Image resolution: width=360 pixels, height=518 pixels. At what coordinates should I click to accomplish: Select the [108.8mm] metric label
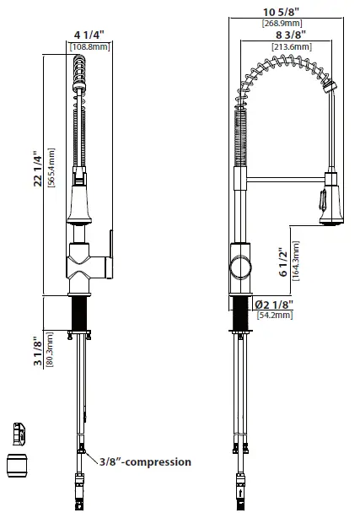click(88, 48)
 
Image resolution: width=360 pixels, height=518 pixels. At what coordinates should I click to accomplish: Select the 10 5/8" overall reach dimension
click(282, 11)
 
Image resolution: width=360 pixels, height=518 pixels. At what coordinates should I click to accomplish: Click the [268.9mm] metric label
click(282, 23)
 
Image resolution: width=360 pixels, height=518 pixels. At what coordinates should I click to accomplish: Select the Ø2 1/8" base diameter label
click(271, 304)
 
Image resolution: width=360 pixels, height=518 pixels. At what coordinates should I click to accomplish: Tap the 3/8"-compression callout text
click(146, 461)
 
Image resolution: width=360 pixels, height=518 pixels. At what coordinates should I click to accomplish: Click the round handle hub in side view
click(239, 268)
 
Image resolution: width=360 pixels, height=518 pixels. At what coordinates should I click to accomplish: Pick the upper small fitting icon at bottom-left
click(19, 433)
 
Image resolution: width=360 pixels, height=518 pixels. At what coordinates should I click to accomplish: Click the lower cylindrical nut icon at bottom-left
click(19, 465)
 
